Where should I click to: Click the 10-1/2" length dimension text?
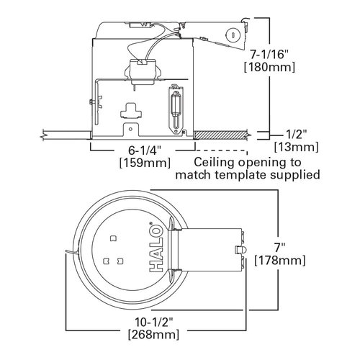tap(153, 321)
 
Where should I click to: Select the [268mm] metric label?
tap(153, 334)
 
